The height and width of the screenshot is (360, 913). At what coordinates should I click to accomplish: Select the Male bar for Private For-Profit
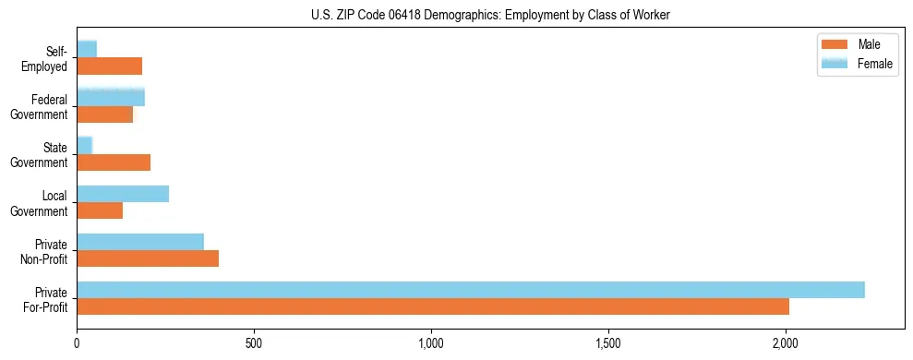(x=433, y=306)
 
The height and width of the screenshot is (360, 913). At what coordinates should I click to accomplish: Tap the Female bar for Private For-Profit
(x=471, y=290)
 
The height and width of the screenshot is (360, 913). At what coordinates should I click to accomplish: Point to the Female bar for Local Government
(x=123, y=194)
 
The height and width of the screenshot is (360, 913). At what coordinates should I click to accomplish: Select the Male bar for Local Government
(x=100, y=210)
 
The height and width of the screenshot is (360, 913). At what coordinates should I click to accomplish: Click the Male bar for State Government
(x=114, y=162)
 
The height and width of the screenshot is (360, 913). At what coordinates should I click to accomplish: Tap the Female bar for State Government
(x=85, y=146)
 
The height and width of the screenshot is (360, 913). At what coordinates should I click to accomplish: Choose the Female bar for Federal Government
(x=111, y=98)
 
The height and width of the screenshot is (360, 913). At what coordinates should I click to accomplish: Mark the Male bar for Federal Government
(x=105, y=114)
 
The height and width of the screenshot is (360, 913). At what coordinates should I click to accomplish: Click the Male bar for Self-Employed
(x=110, y=66)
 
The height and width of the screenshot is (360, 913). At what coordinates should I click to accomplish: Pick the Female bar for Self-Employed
(x=87, y=49)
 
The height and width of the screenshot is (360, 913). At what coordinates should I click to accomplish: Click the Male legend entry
(x=858, y=45)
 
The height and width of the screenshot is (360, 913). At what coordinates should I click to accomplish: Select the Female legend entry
(x=858, y=64)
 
